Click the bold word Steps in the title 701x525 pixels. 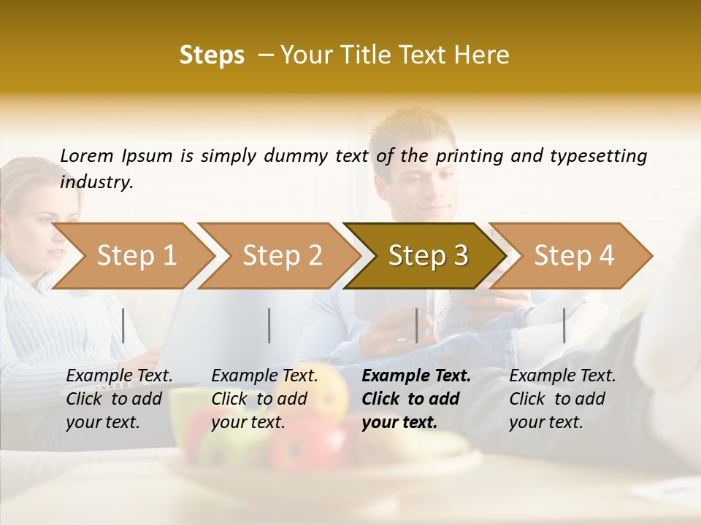pos(212,55)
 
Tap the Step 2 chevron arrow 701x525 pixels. pos(277,256)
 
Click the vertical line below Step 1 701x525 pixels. pos(123,325)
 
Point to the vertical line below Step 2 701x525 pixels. pos(269,325)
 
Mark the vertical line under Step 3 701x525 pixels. pos(416,325)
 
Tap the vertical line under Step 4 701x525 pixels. pos(564,325)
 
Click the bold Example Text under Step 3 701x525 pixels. pos(416,376)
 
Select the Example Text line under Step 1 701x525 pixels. pos(119,376)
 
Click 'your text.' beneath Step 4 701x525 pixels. pos(545,422)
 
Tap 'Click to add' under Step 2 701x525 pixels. pos(259,399)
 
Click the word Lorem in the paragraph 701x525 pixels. pos(87,156)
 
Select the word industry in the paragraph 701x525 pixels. pos(96,182)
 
